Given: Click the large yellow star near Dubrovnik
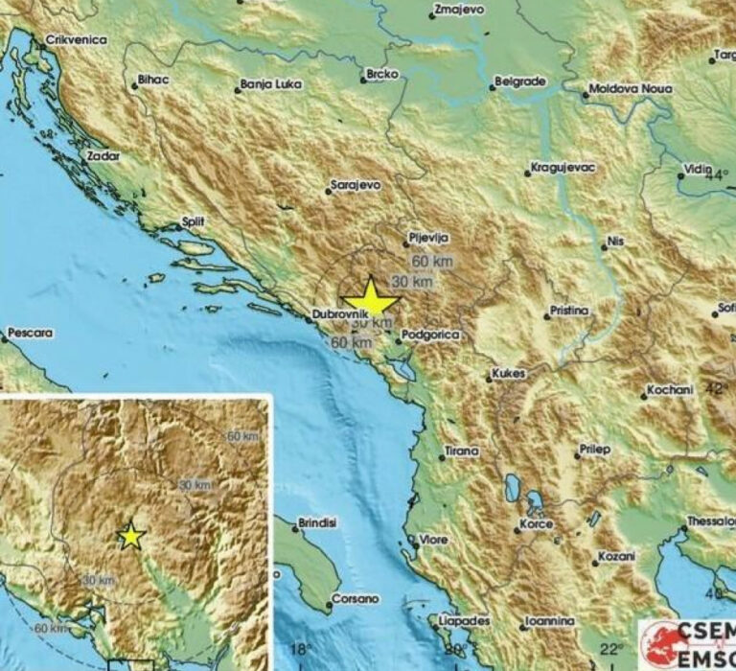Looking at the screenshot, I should tap(370, 299).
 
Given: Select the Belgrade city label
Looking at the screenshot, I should tap(521, 81).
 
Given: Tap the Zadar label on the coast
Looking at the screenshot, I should tap(103, 154).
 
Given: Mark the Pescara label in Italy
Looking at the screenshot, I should tap(29, 334).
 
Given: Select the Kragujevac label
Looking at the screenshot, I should tap(564, 168).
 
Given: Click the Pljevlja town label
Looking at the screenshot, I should tap(428, 237).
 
